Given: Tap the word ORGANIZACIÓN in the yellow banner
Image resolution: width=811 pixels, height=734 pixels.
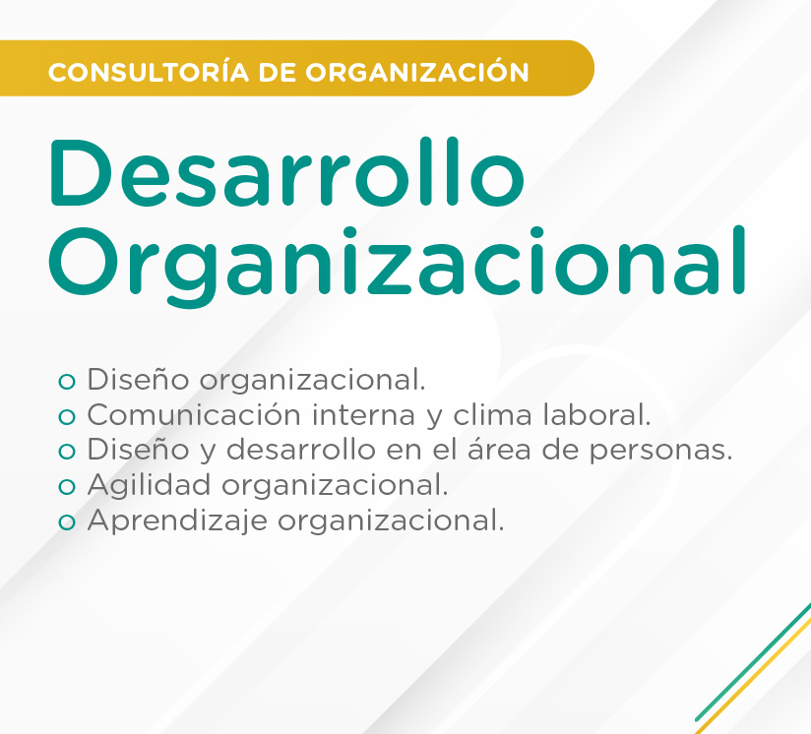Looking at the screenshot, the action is (417, 71).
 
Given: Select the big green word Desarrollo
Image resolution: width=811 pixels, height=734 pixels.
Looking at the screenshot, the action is (287, 171).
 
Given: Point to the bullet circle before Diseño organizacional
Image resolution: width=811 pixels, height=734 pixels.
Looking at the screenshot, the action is (67, 382).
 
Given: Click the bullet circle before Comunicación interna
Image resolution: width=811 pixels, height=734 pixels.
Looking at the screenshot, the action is (67, 416).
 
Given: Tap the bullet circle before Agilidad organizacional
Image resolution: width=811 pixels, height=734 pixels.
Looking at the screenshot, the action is (67, 487).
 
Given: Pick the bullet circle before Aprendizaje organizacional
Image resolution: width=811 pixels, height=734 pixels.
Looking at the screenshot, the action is (67, 522).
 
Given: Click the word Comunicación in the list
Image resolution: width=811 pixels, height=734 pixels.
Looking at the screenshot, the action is (194, 414).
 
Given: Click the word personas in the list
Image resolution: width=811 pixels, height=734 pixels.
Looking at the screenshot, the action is (661, 451).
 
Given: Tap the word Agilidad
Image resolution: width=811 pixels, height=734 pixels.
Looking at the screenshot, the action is (149, 486).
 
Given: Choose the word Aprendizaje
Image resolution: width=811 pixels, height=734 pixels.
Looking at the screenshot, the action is (177, 521).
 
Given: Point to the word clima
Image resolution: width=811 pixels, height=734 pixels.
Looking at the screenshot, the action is (492, 414).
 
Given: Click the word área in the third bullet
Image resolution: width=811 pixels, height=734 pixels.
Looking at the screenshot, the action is (499, 449).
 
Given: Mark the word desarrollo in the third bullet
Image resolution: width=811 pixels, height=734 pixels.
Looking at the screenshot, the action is (301, 449).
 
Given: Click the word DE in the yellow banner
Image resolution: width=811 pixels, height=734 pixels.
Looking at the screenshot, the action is (278, 72).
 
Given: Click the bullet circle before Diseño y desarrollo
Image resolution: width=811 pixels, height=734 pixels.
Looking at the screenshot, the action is (67, 452).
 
